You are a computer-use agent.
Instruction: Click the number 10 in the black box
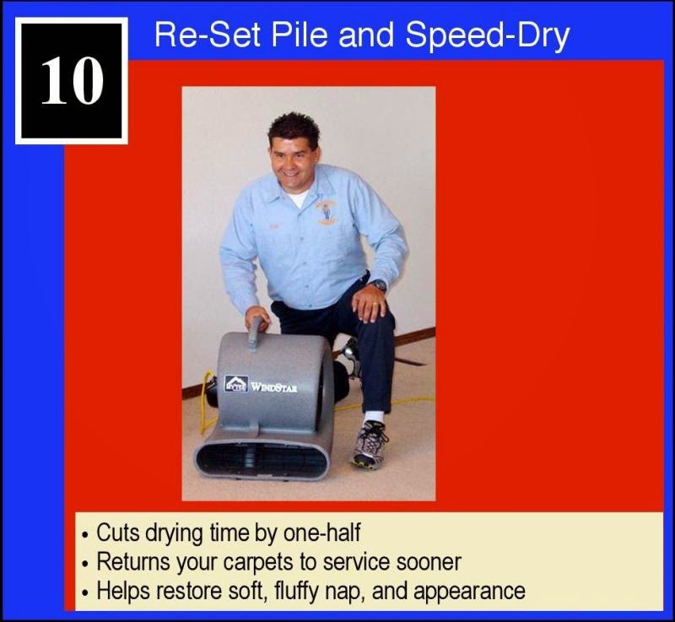[72, 81]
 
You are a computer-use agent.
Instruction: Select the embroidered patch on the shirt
[326, 210]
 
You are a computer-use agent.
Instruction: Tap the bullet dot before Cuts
[86, 536]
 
